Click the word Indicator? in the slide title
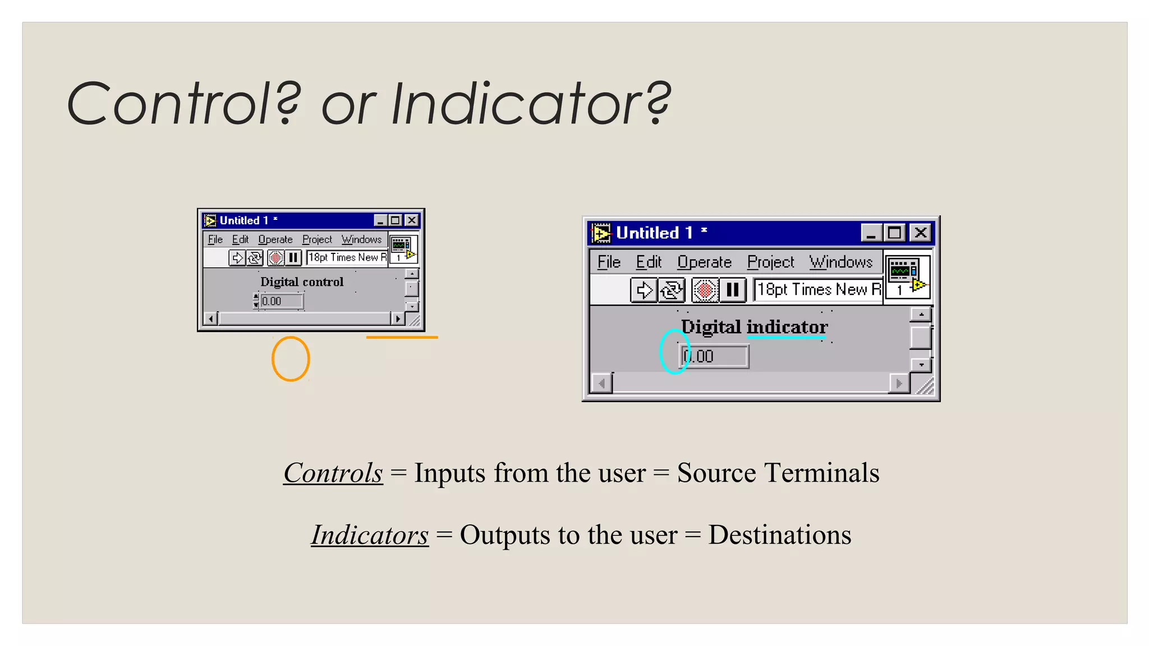click(x=530, y=104)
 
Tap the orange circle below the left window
click(x=291, y=359)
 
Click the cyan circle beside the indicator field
click(x=674, y=352)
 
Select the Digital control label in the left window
click(x=302, y=282)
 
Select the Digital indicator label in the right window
click(x=754, y=327)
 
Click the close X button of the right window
click(x=921, y=232)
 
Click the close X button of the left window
click(x=411, y=220)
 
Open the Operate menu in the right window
click(x=704, y=262)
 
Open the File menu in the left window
click(x=215, y=239)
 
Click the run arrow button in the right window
click(x=644, y=290)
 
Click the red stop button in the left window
click(x=275, y=257)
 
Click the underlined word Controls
click(x=333, y=473)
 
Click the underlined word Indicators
click(x=370, y=535)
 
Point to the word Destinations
click(x=779, y=535)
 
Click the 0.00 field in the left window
click(x=282, y=301)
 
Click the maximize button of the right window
click(x=895, y=232)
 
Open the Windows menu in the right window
click(x=840, y=262)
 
